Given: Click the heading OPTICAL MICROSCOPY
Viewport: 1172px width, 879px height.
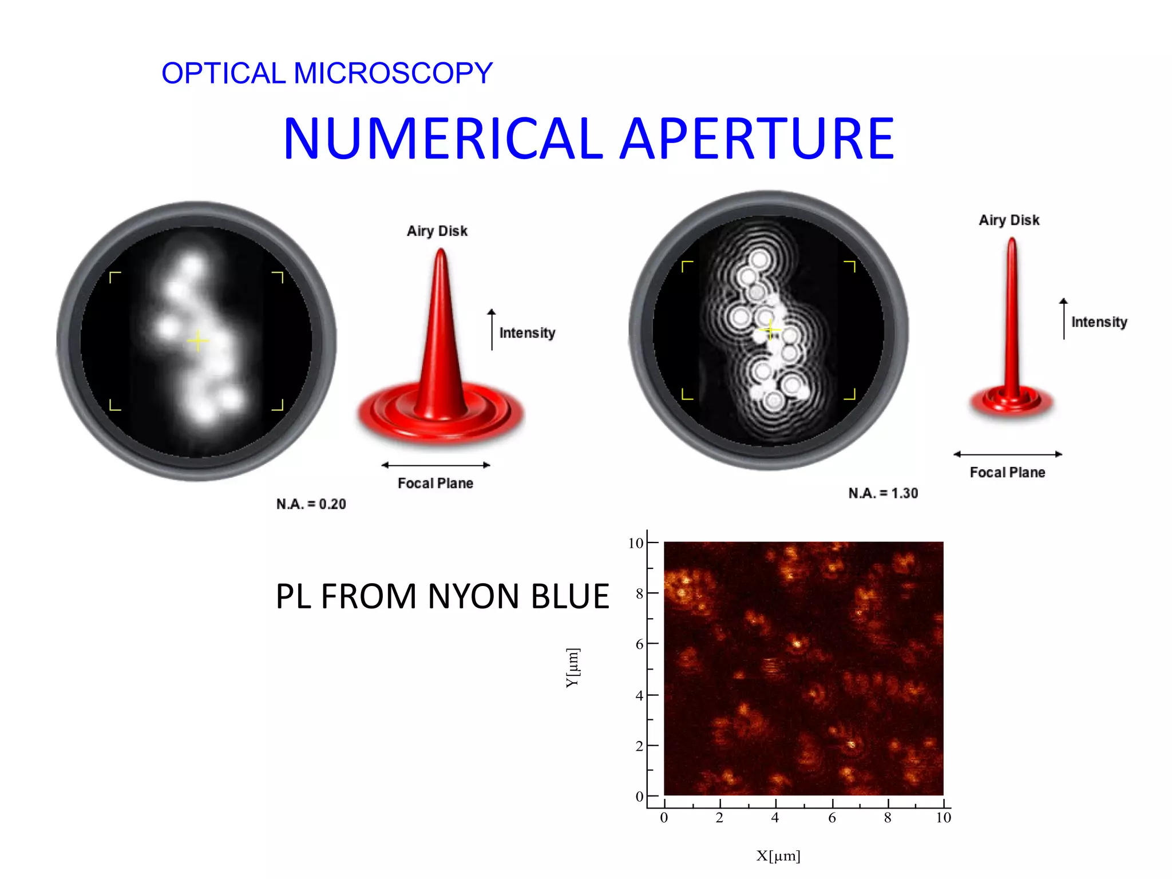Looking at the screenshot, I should [327, 73].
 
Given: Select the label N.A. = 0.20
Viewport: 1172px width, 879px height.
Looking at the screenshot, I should [311, 504].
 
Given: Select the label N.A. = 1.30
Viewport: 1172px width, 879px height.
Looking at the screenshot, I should [883, 493].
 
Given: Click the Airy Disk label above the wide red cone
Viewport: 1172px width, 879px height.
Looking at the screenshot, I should [437, 231].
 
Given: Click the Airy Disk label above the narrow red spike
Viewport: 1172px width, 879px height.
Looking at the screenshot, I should [1009, 220].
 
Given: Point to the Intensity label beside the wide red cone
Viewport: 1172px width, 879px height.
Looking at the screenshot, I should [527, 333].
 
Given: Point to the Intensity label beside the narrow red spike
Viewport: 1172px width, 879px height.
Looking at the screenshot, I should [1099, 322].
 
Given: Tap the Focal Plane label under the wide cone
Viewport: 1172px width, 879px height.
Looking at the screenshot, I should [435, 484].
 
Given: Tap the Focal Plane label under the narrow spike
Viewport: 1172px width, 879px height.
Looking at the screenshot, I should [1007, 473].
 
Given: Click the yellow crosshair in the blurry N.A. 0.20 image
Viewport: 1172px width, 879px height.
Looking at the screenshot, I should [198, 341].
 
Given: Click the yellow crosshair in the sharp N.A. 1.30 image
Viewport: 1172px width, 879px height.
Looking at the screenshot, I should [770, 330].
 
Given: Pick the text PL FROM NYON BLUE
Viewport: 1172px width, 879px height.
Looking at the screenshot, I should [442, 596].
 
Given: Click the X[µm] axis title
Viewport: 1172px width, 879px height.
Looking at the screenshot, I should [778, 856].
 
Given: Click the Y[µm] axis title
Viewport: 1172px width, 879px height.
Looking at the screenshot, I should [573, 668].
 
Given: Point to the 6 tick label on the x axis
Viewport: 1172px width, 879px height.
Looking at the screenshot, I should [832, 818].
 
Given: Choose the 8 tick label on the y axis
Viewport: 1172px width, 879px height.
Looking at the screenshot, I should [639, 593].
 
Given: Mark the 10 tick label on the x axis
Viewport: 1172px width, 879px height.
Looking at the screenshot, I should [943, 818].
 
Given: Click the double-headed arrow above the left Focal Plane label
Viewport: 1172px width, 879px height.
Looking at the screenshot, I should [436, 465].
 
